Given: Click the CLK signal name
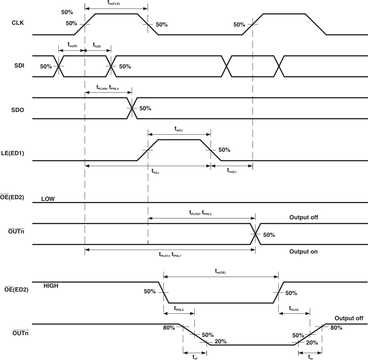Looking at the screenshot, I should pos(17,24).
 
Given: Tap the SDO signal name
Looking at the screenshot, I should pos(18,109).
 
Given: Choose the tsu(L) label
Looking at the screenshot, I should pos(231,171).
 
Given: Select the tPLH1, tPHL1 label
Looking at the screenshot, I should pos(170,255).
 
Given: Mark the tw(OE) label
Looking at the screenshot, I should pos(220,271).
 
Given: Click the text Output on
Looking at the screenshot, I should pos(303,251).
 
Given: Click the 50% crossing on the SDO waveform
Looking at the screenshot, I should pos(132,108).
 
